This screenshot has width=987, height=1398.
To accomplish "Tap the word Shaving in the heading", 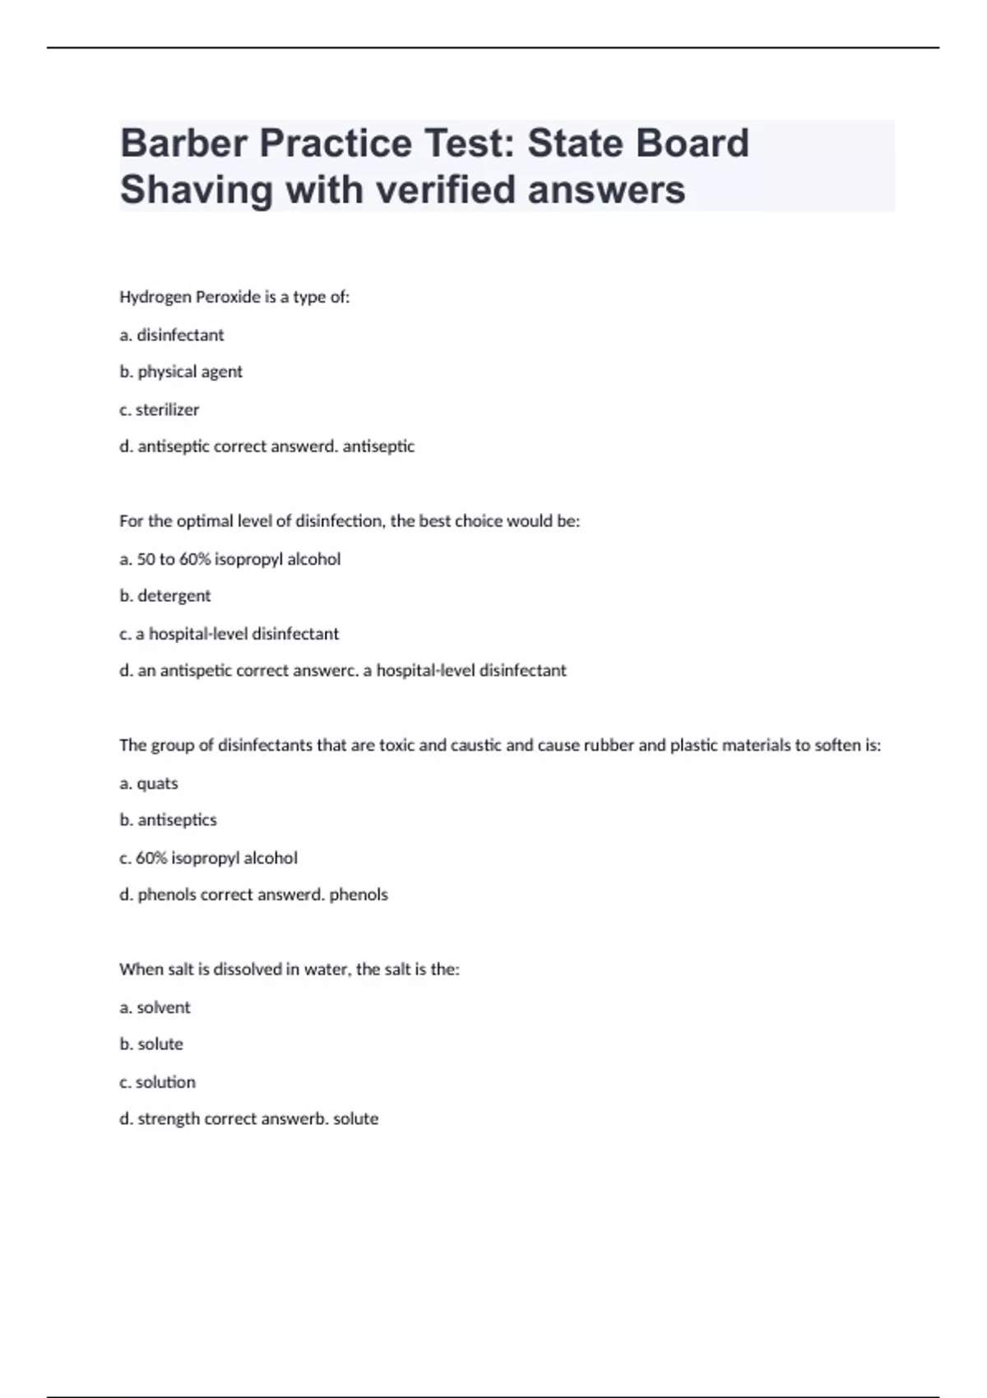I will coord(197,189).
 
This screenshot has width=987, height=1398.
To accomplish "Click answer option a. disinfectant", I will coord(171,335).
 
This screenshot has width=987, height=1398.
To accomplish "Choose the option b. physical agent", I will coord(181,372).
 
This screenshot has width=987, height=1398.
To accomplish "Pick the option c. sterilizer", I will coord(159,410).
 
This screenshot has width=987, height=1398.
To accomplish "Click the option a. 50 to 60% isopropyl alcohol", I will coord(229,559).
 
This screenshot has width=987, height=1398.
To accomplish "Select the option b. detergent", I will coord(164,595).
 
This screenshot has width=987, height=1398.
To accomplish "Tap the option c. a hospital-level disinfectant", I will coord(229,633).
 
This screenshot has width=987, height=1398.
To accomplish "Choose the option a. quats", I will coord(148,783).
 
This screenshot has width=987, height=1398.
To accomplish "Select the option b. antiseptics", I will coord(168,820).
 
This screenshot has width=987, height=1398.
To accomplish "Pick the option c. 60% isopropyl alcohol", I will coord(208,858).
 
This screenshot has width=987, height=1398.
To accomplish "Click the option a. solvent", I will coord(155,1007).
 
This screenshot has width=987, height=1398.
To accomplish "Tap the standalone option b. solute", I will coord(151,1044).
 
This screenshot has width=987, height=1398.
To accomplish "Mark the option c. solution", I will coord(157,1082).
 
